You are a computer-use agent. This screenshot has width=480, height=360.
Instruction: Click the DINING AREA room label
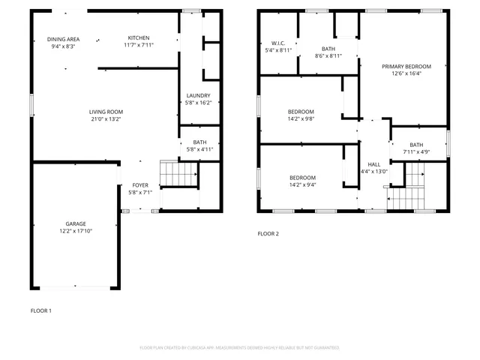coord(63,39)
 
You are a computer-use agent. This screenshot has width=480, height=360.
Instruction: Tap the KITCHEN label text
coord(139,38)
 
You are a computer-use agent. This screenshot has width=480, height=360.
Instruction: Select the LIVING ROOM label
coord(106,111)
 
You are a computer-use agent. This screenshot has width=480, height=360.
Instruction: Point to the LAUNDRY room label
coord(199,95)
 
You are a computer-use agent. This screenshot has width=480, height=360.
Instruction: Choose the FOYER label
coord(140,184)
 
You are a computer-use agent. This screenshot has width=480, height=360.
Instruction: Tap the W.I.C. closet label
coord(278,43)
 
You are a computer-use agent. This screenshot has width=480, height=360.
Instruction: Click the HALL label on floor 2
coord(373,164)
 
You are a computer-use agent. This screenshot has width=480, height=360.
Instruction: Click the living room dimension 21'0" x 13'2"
coord(106,118)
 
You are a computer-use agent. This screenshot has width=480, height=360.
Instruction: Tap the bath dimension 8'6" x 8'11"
coord(328,55)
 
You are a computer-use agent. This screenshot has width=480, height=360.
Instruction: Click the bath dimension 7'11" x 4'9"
coord(416,152)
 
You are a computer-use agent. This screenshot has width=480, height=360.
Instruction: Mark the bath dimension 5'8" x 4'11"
coord(199,149)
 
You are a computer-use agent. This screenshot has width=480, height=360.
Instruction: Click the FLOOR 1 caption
coord(40,310)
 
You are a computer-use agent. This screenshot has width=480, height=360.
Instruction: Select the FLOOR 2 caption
coord(268,234)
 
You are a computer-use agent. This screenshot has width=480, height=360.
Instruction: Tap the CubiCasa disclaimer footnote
coord(239,348)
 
